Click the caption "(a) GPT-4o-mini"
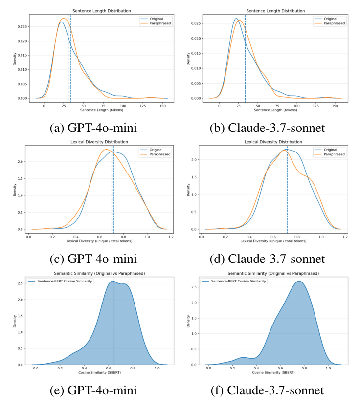pyautogui.click(x=93, y=129)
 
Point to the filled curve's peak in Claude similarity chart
pyautogui.click(x=299, y=281)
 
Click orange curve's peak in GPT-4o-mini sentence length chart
pyautogui.click(x=63, y=19)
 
